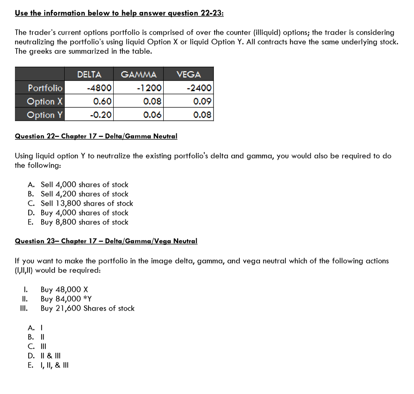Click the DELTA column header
pyautogui.click(x=89, y=74)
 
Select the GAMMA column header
pyautogui.click(x=139, y=74)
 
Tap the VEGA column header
pyautogui.click(x=188, y=74)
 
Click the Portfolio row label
pyautogui.click(x=45, y=88)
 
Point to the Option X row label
pyautogui.click(x=45, y=101)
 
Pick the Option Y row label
pyautogui.click(x=45, y=115)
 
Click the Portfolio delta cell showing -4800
pyautogui.click(x=99, y=88)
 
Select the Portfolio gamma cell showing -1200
pyautogui.click(x=149, y=88)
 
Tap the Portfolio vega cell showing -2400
pyautogui.click(x=199, y=88)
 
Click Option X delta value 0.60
pyautogui.click(x=102, y=101)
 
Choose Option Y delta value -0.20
pyautogui.click(x=101, y=115)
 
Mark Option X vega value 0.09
pyautogui.click(x=202, y=101)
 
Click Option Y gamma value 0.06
pyautogui.click(x=152, y=115)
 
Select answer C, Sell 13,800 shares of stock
pyautogui.click(x=87, y=203)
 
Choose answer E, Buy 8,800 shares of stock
pyautogui.click(x=84, y=222)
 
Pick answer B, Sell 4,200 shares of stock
pyautogui.click(x=84, y=194)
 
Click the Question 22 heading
pyautogui.click(x=96, y=136)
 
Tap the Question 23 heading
pyautogui.click(x=106, y=241)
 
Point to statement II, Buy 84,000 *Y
pyautogui.click(x=66, y=299)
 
